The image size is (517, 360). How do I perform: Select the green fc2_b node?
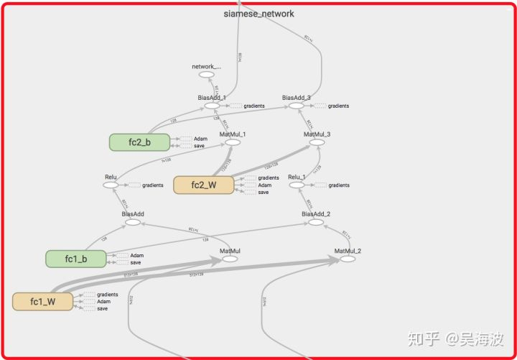tap(139, 142)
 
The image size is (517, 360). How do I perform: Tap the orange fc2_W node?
tap(204, 185)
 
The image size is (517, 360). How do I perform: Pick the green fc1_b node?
tap(75, 259)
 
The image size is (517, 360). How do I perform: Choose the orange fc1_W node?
tap(43, 302)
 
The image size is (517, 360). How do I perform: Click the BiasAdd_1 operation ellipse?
tap(212, 106)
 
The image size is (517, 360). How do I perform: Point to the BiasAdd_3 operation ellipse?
tap(297, 106)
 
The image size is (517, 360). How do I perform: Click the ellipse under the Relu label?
tap(111, 185)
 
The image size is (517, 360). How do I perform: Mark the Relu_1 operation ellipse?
tap(297, 185)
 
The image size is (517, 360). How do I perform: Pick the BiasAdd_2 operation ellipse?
tap(316, 222)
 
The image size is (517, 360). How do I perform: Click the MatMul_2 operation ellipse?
tap(348, 259)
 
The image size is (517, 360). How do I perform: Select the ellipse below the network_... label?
tap(206, 75)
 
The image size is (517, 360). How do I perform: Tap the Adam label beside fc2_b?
tap(200, 139)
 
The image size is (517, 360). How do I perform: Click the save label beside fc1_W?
tap(102, 309)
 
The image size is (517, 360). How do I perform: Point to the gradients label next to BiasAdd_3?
tap(338, 106)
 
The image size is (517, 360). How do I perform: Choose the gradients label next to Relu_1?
tap(338, 185)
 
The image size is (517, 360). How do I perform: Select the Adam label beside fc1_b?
tap(136, 255)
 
